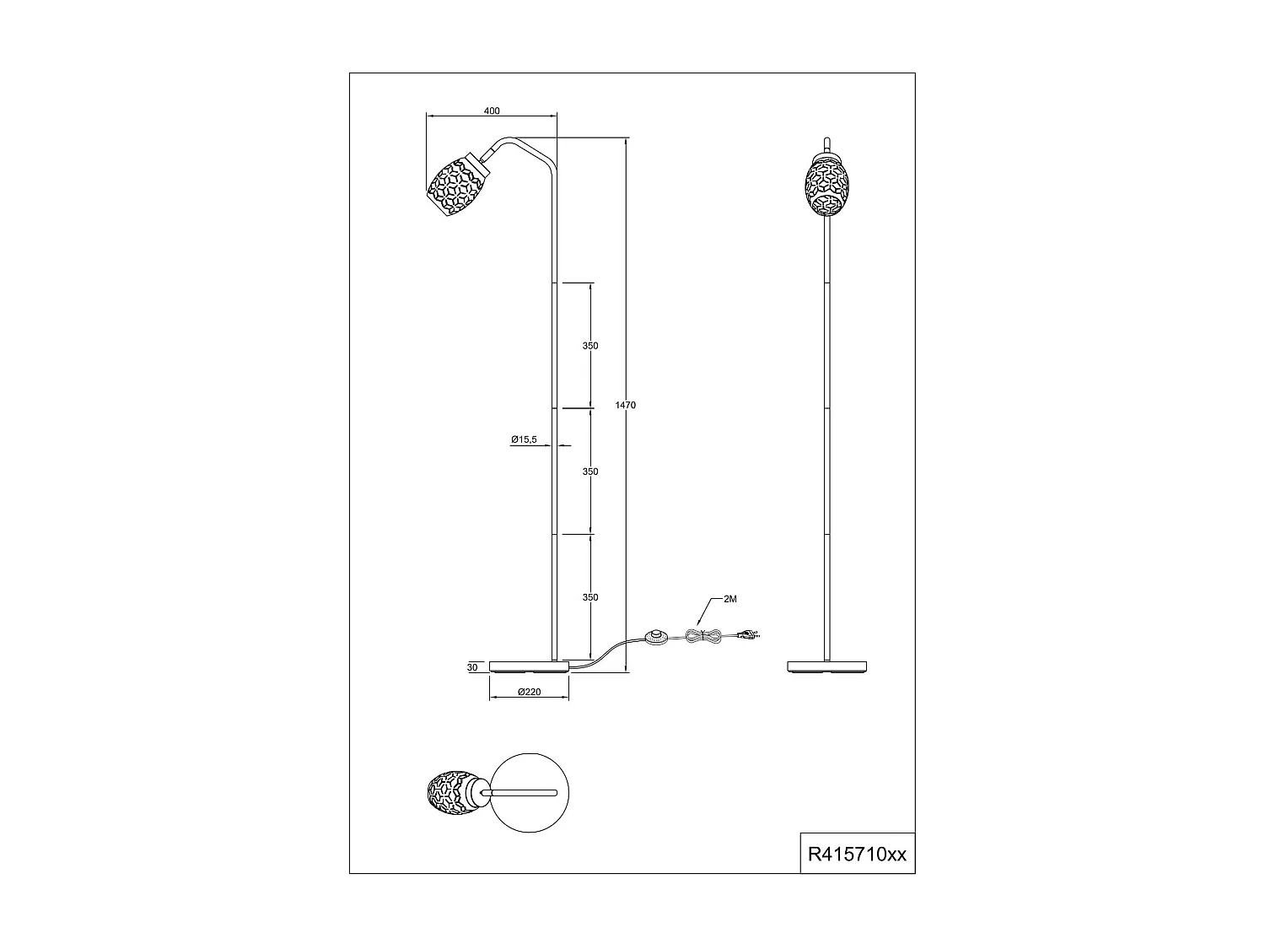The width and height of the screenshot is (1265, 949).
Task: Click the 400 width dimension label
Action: (x=493, y=111)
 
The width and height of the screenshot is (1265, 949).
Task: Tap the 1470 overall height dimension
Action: (x=625, y=406)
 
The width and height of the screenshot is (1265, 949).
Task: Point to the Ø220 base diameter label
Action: (x=529, y=692)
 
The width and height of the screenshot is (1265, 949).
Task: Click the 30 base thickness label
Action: (x=471, y=667)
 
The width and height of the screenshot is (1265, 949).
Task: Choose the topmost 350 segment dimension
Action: (x=590, y=346)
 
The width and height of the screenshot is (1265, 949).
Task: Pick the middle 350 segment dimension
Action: (x=590, y=472)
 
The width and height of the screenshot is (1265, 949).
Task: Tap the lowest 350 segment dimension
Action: (x=590, y=597)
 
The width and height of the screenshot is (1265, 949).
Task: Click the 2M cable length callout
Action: (x=730, y=600)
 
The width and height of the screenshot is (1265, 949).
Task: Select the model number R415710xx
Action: (x=857, y=854)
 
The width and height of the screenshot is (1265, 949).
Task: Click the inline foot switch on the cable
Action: (x=654, y=638)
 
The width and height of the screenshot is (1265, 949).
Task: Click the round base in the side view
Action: (x=529, y=666)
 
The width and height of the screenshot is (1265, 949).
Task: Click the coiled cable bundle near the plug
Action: (x=703, y=639)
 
